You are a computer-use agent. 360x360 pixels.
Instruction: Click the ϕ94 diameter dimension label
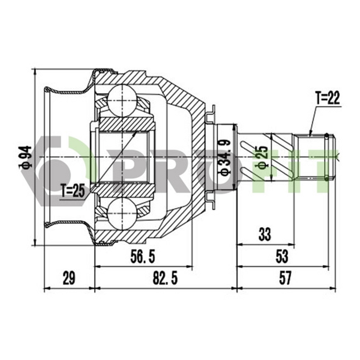(25, 158)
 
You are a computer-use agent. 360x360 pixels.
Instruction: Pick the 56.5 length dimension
(143, 257)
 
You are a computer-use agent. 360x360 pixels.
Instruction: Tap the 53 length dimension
(282, 257)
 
